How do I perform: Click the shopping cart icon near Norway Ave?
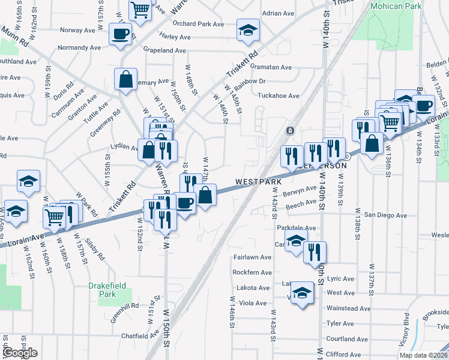tap(139, 9)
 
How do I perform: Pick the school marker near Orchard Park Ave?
tap(246, 31)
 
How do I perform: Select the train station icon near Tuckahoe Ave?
tap(290, 130)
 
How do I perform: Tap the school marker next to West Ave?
tap(303, 293)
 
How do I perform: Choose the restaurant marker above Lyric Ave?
tap(315, 253)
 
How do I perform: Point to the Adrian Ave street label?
tap(279, 13)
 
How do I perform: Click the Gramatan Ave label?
tap(271, 68)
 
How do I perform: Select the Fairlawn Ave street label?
tap(252, 257)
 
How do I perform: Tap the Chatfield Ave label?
tap(139, 336)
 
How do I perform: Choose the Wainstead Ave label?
tap(349, 308)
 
